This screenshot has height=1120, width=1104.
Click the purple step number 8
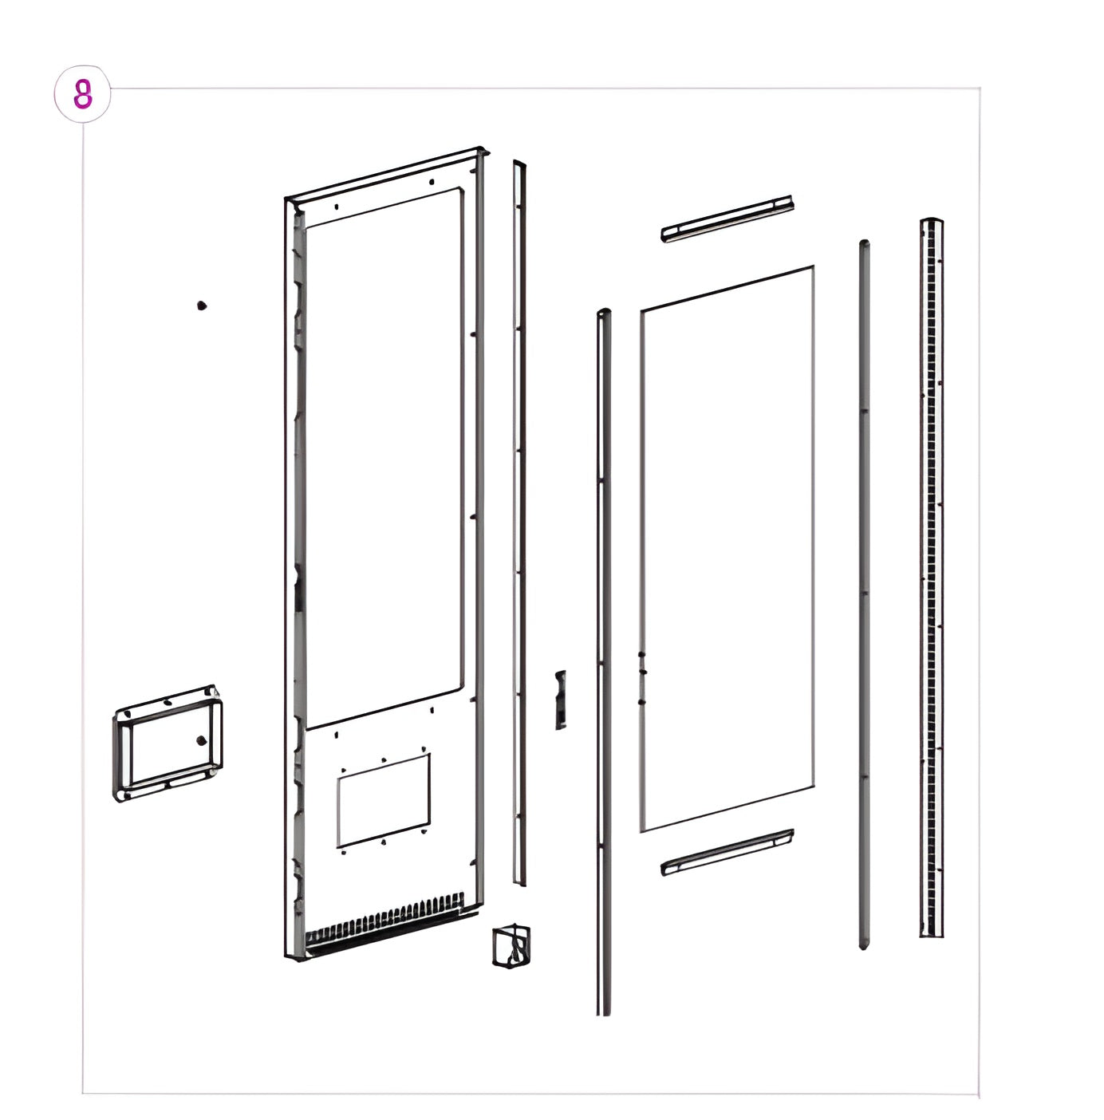click(x=83, y=94)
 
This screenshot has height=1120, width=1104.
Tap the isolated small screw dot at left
click(x=202, y=306)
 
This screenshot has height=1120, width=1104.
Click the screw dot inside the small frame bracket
click(x=202, y=740)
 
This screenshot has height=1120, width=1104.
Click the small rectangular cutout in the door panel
click(x=384, y=801)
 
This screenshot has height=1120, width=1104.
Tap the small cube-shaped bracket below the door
click(x=511, y=946)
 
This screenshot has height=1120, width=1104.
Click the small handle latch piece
click(x=561, y=700)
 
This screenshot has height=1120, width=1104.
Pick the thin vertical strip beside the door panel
click(x=520, y=523)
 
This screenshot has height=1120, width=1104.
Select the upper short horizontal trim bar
click(x=727, y=219)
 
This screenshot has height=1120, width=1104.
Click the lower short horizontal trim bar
click(x=727, y=853)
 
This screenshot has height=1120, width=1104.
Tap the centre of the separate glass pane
click(x=727, y=550)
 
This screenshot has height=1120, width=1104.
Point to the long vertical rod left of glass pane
click(x=604, y=663)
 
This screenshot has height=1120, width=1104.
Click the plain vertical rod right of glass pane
click(x=865, y=594)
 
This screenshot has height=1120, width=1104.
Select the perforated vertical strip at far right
click(x=932, y=578)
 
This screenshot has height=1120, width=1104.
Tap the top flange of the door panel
click(x=386, y=172)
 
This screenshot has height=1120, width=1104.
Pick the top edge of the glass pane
click(x=727, y=288)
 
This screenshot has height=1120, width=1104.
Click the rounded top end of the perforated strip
click(x=932, y=221)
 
